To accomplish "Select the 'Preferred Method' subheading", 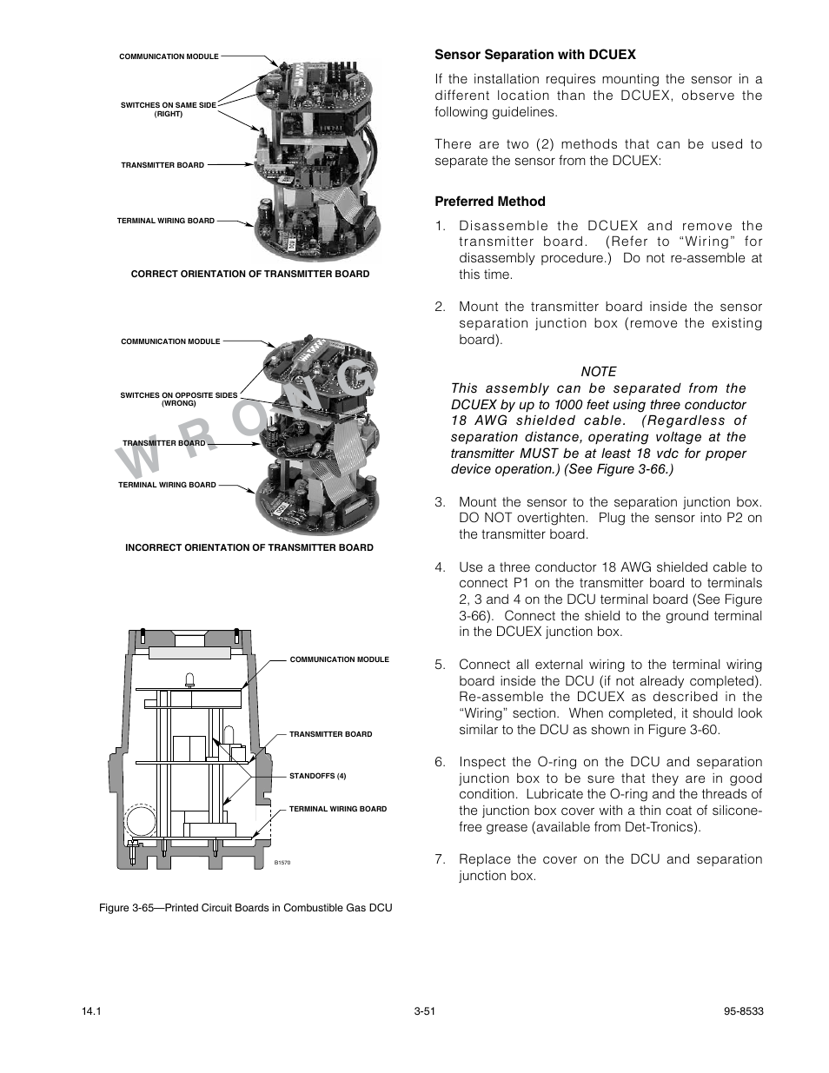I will click(490, 202).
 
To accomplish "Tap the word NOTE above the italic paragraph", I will click(598, 371).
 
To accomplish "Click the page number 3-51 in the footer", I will click(424, 1011).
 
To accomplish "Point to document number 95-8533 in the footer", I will click(743, 1011).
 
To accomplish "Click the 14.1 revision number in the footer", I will click(90, 1011).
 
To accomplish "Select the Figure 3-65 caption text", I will click(245, 908).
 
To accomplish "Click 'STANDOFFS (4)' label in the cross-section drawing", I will click(317, 776).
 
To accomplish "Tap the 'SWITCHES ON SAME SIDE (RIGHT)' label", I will click(168, 109).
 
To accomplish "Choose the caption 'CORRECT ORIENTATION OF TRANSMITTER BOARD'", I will click(249, 274).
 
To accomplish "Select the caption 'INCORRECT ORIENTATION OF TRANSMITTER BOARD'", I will click(249, 547).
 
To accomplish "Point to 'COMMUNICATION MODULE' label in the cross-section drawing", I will click(339, 659).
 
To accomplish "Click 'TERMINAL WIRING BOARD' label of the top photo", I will click(165, 221).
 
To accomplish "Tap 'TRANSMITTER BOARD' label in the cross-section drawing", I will click(330, 734).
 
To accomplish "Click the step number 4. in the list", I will click(440, 567).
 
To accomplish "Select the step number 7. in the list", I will click(440, 859).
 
